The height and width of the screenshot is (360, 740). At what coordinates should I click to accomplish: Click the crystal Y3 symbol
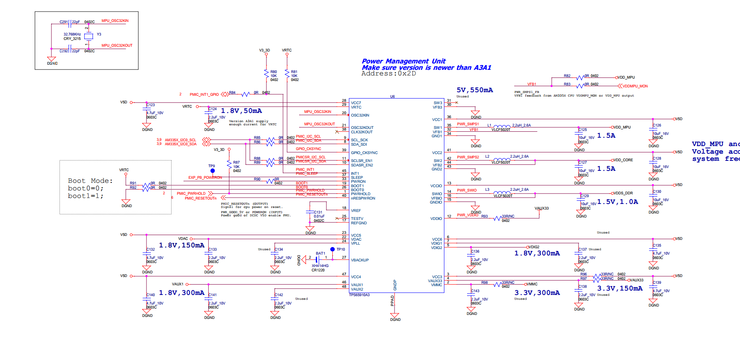(x=89, y=36)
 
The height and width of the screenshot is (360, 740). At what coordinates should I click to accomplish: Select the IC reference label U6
(x=393, y=97)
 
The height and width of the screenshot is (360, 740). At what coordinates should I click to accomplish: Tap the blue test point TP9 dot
(x=213, y=171)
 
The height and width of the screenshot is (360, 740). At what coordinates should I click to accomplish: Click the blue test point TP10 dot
(x=332, y=249)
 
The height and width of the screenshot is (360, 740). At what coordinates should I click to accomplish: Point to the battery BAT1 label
(x=320, y=253)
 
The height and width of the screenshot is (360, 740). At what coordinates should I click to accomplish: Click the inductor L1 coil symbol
(x=501, y=126)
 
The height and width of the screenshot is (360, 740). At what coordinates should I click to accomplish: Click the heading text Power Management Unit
(x=403, y=61)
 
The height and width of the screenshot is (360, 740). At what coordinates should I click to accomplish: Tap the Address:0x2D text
(x=389, y=73)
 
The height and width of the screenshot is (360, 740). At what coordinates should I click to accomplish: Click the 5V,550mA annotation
(x=475, y=90)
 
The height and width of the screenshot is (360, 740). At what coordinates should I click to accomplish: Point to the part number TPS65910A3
(x=359, y=295)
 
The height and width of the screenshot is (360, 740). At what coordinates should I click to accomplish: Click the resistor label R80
(x=274, y=72)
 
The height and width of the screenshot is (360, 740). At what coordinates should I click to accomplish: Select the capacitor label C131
(x=318, y=212)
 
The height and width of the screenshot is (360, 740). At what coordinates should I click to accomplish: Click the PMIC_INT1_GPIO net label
(x=204, y=95)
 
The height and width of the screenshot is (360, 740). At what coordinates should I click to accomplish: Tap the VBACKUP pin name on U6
(x=360, y=260)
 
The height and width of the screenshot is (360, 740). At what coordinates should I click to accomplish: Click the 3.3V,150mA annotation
(x=620, y=288)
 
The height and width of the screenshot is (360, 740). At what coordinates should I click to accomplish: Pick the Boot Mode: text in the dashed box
(x=90, y=181)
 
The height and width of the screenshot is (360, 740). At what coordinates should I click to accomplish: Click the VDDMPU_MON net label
(x=635, y=86)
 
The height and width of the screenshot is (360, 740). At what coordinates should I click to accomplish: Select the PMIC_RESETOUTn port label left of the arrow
(x=200, y=198)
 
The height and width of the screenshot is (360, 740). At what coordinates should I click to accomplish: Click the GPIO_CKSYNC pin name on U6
(x=364, y=153)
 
